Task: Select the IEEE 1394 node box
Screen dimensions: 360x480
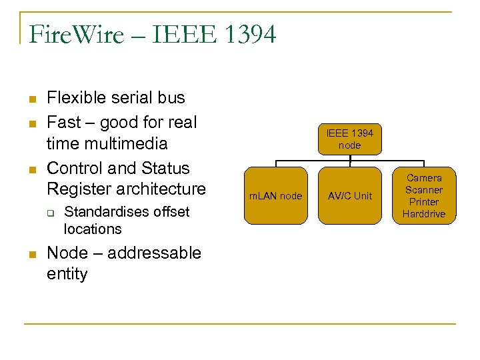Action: coord(349,139)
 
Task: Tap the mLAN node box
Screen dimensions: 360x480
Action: coord(275,195)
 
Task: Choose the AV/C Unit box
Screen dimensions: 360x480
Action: coord(349,195)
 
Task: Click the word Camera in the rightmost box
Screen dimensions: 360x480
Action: coord(424,178)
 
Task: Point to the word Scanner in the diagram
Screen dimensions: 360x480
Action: coord(424,190)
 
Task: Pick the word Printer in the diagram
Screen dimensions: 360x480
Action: coord(424,202)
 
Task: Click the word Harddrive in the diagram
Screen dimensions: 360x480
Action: coord(424,214)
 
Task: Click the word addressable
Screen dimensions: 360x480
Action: coord(154,253)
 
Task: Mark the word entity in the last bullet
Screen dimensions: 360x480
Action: coord(67,274)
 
